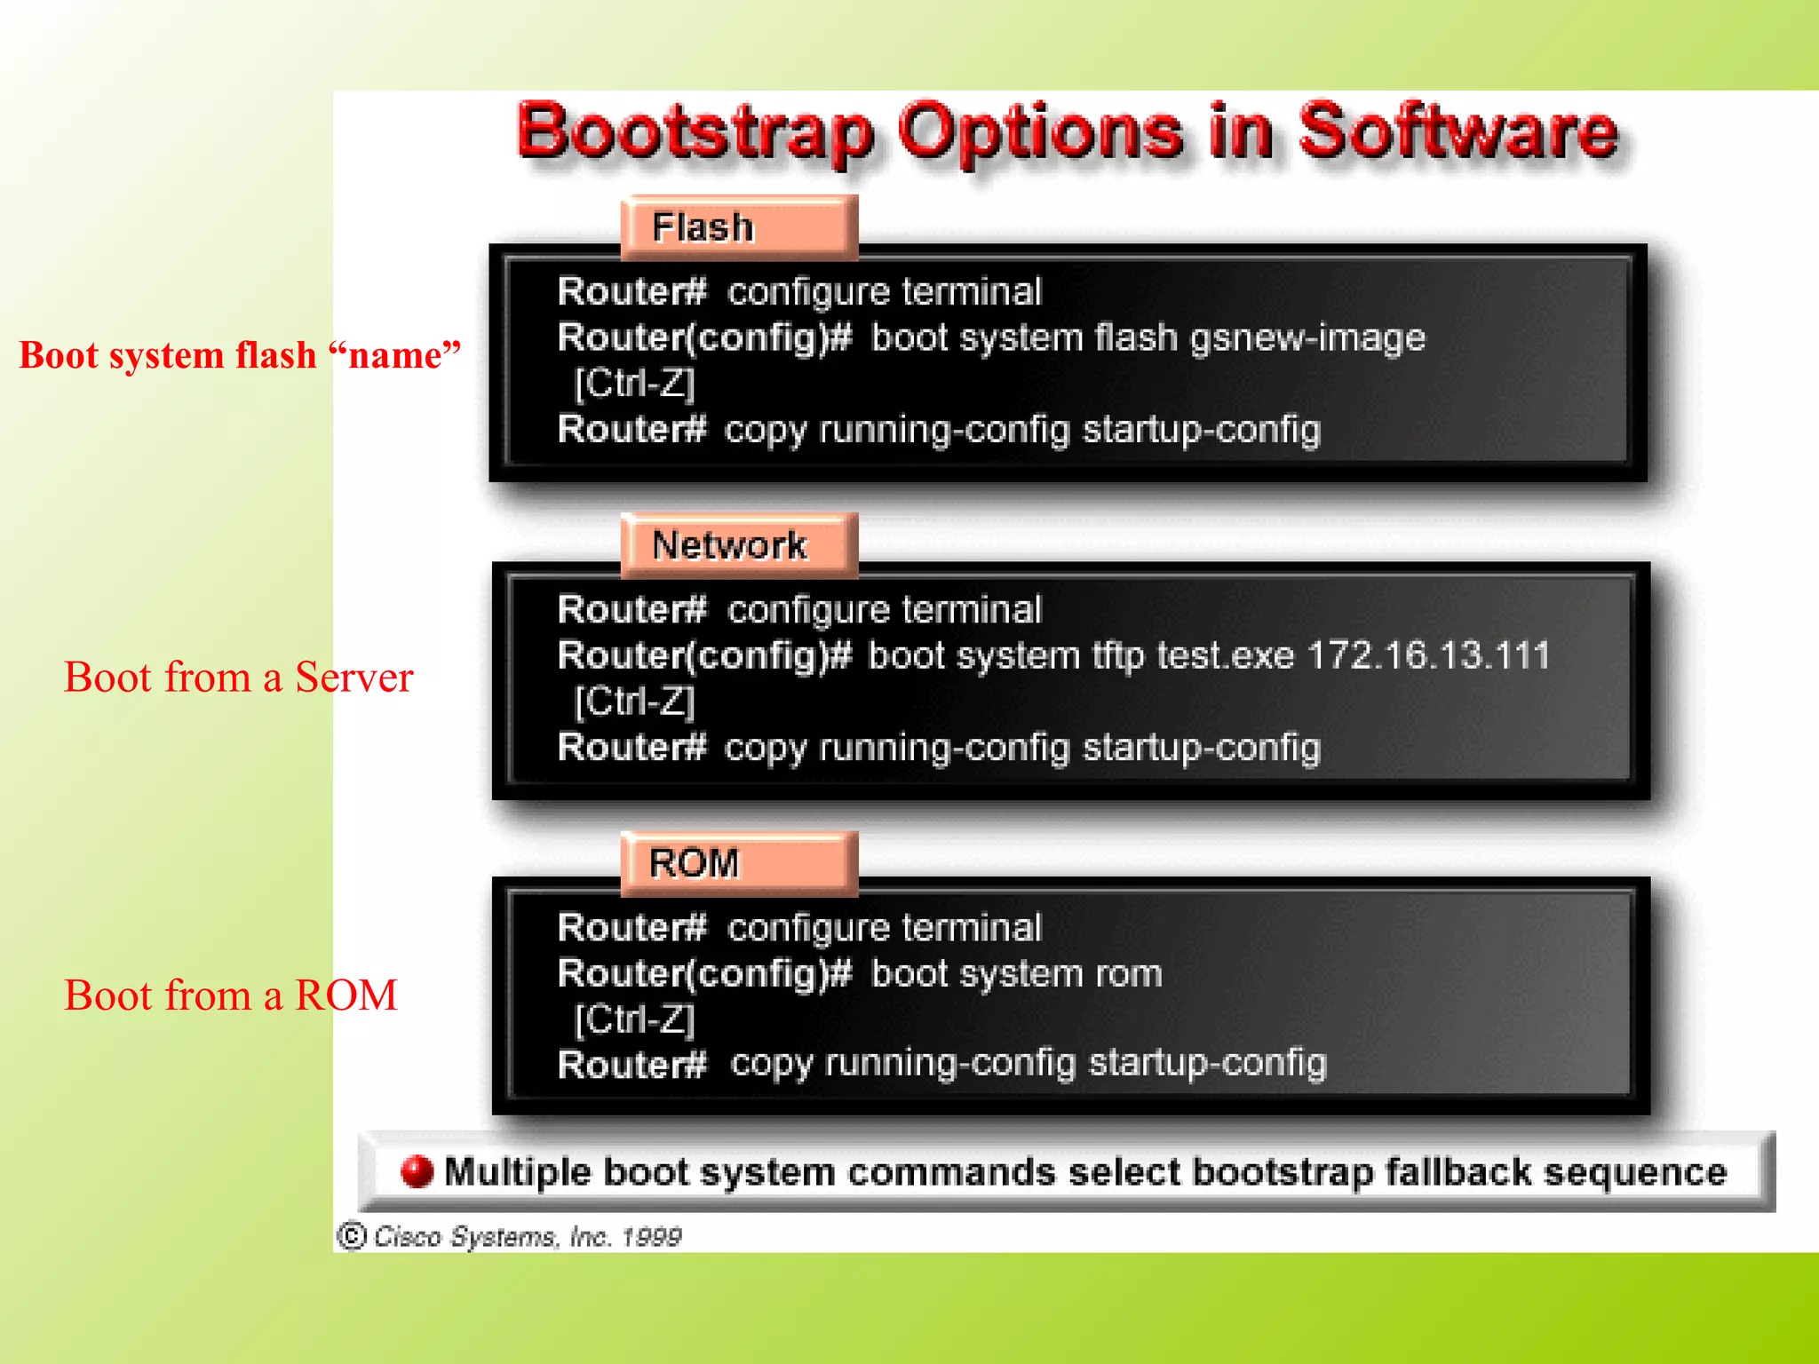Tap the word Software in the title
pos(1458,131)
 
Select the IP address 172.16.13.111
pos(1428,655)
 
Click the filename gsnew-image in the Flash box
pos(1307,338)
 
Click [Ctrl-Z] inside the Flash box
pos(634,384)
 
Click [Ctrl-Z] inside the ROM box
pos(634,1019)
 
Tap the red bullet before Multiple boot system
pos(417,1171)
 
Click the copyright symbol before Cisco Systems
pos(352,1235)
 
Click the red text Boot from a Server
pos(238,678)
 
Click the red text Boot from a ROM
pos(230,995)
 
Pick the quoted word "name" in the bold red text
pos(394,355)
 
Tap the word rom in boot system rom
pos(1128,974)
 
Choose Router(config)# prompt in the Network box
pos(704,655)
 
